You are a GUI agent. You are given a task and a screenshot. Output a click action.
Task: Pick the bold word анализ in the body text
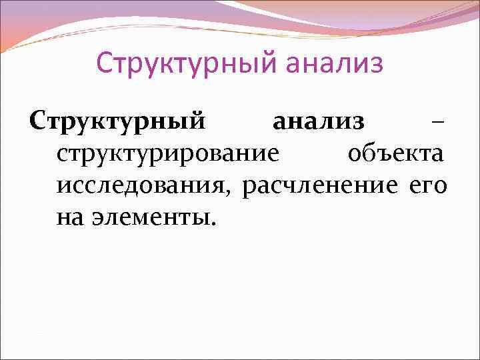click(319, 122)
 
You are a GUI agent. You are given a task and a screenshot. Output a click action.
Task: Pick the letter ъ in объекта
click(381, 155)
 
